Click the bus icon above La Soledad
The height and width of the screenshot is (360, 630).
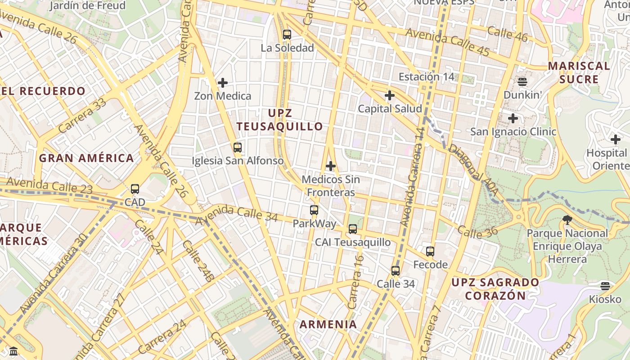point(287,35)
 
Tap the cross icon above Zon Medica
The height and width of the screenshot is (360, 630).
point(222,83)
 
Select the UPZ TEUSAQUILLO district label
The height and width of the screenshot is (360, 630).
point(279,120)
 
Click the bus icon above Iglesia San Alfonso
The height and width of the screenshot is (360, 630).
point(237,147)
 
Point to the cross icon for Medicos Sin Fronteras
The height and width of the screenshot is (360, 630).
point(331,166)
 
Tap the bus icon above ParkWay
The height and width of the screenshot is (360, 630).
point(314,210)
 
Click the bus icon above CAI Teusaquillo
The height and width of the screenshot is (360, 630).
point(353,229)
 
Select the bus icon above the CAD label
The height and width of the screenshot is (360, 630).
point(135,189)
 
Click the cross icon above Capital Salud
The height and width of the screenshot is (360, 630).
point(390,95)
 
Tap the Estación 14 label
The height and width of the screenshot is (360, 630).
point(427,76)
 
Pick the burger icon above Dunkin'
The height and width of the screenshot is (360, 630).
point(522,82)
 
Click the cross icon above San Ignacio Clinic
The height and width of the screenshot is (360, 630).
point(513,119)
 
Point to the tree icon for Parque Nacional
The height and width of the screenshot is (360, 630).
point(567,220)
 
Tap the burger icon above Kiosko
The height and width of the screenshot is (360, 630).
point(605,286)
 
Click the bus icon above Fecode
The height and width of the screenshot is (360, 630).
point(430,251)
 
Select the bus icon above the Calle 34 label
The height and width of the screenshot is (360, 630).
point(396,271)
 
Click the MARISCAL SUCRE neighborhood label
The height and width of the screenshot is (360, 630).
point(579,72)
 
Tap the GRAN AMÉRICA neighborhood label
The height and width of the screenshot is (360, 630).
point(86,158)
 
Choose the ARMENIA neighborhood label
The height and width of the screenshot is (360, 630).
point(328,324)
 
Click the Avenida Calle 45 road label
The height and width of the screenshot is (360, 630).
point(447,42)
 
